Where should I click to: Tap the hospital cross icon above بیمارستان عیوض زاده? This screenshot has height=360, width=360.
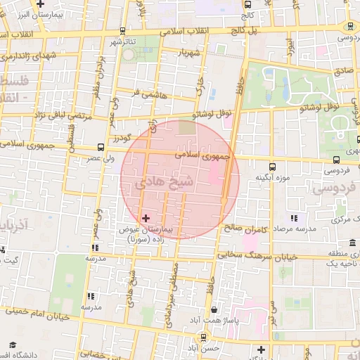coord(146,218)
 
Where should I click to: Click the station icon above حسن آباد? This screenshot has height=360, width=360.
coord(203,337)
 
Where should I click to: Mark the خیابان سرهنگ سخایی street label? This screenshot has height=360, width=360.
coord(262,256)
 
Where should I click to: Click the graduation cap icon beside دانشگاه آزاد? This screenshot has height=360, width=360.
coord(12,344)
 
